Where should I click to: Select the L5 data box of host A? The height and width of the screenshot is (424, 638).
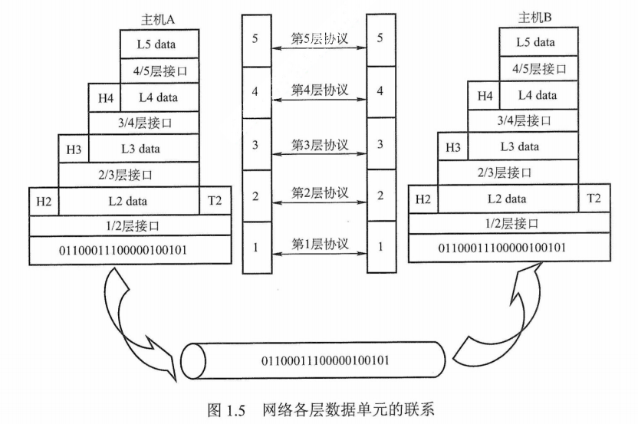[x=156, y=44]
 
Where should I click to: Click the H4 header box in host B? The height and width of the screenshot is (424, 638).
[x=484, y=96]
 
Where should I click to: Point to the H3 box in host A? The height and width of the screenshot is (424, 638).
[x=74, y=149]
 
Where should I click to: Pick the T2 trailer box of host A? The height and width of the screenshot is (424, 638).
[x=215, y=201]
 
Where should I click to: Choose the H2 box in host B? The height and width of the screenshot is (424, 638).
[x=423, y=199]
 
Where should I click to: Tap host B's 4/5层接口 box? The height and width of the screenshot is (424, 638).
[x=544, y=69]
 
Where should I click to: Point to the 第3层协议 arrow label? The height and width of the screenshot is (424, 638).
[x=320, y=145]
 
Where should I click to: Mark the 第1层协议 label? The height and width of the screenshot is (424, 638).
[x=320, y=245]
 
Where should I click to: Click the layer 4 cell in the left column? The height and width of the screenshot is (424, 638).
[x=255, y=91]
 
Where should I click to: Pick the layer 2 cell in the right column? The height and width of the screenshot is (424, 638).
[x=380, y=196]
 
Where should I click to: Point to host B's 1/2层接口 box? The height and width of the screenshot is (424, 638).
[x=513, y=223]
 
